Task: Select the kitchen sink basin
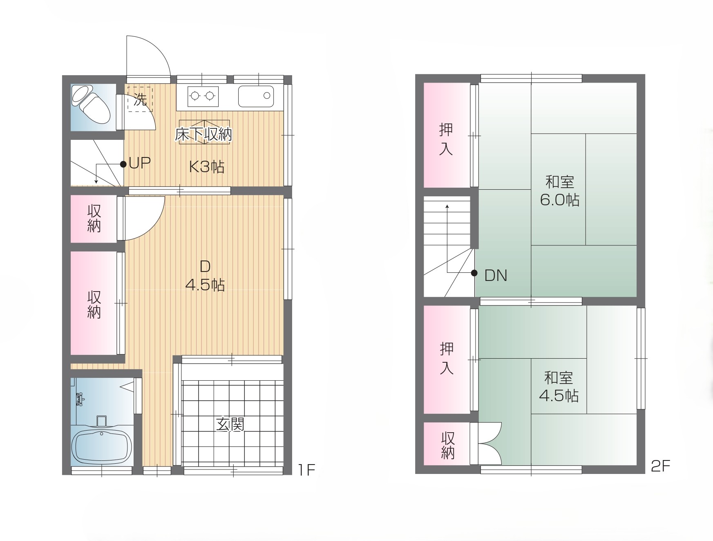coord(256,96)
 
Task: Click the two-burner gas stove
coord(203,97)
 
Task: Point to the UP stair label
coord(140,163)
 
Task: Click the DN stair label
coord(496,276)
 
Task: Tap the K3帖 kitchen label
coord(207,166)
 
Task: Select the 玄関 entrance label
coord(230,424)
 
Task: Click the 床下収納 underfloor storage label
coord(203,134)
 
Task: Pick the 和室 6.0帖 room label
coord(560,191)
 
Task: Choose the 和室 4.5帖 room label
coord(559,386)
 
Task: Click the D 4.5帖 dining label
coord(205,276)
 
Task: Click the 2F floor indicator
coord(661,466)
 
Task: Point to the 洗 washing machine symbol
coord(140,99)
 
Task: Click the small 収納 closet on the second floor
coord(447,444)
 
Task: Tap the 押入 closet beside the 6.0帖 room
coord(447,135)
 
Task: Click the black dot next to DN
coord(474,273)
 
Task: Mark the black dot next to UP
coord(123,164)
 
